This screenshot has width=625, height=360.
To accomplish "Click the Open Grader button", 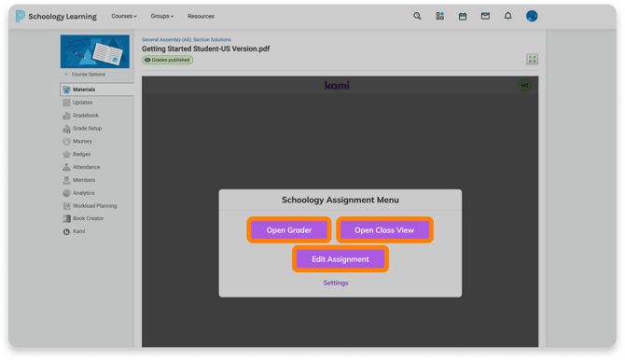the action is pyautogui.click(x=289, y=230).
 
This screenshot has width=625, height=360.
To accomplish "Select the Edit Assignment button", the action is pyautogui.click(x=340, y=259).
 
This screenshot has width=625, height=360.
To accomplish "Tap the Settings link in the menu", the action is pyautogui.click(x=336, y=283).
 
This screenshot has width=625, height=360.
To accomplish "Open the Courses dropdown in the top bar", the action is pyautogui.click(x=124, y=17).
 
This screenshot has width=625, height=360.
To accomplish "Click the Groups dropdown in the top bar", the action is pyautogui.click(x=161, y=17).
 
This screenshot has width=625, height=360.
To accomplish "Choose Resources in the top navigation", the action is pyautogui.click(x=201, y=17).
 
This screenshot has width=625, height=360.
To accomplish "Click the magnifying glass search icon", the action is pyautogui.click(x=417, y=16).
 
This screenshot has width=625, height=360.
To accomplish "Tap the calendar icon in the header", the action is pyautogui.click(x=463, y=17).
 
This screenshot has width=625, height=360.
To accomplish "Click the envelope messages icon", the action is pyautogui.click(x=485, y=16).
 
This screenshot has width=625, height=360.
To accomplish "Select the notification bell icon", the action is pyautogui.click(x=507, y=16).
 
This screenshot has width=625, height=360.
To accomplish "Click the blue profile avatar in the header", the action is pyautogui.click(x=532, y=16).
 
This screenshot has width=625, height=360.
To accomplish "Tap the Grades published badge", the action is pyautogui.click(x=167, y=60).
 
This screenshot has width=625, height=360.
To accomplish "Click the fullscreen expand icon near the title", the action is pyautogui.click(x=532, y=60).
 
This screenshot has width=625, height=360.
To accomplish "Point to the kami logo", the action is pyautogui.click(x=337, y=85).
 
